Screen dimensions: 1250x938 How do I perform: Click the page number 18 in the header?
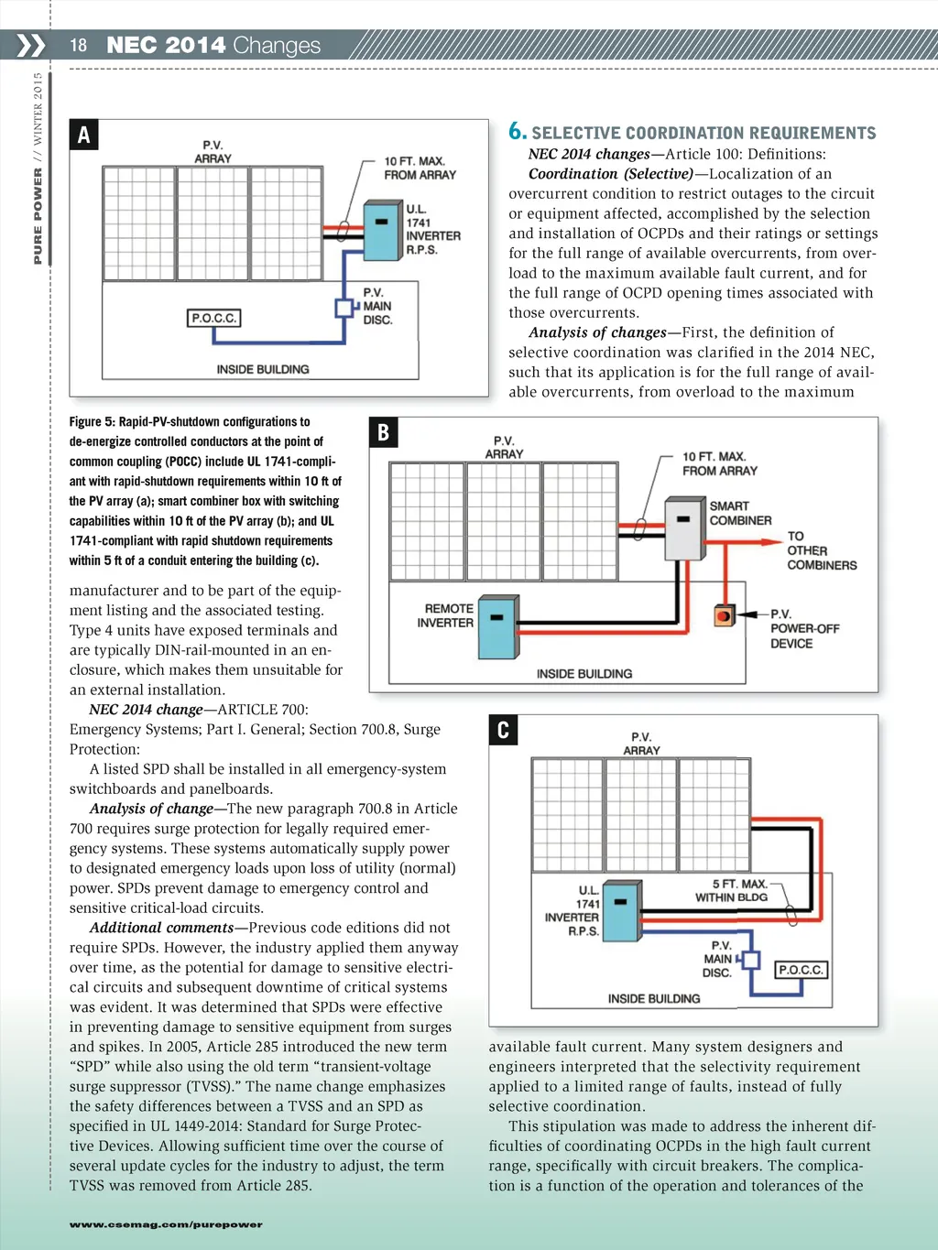(79, 45)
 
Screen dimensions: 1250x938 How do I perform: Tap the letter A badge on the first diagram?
(84, 135)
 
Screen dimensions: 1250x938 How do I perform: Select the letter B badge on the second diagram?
(384, 432)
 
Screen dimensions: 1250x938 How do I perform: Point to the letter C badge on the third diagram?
(503, 730)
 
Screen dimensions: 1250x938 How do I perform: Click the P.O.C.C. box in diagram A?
(213, 318)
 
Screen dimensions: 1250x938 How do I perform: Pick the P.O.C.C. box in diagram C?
(801, 969)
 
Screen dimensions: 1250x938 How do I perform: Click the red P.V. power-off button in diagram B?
(724, 615)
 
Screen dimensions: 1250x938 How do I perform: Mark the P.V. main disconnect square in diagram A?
(344, 307)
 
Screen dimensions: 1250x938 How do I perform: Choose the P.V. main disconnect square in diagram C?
(751, 960)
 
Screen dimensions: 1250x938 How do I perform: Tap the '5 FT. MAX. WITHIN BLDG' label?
(733, 890)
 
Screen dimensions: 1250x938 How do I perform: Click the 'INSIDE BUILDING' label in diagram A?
(263, 369)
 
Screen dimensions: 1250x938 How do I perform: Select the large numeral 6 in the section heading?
(517, 131)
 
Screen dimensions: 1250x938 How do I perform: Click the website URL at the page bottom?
(166, 1224)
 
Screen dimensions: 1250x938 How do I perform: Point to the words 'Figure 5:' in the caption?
(92, 422)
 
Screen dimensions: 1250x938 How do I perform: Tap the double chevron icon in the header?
(30, 45)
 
